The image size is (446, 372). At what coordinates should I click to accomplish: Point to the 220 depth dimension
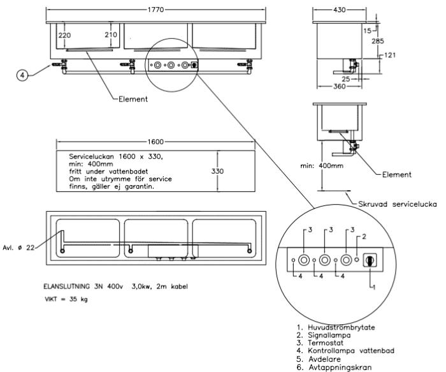pyautogui.click(x=64, y=35)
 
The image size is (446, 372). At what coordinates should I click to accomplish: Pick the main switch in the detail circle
pyautogui.click(x=368, y=260)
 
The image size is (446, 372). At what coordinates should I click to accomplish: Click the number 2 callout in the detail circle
pyautogui.click(x=364, y=236)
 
